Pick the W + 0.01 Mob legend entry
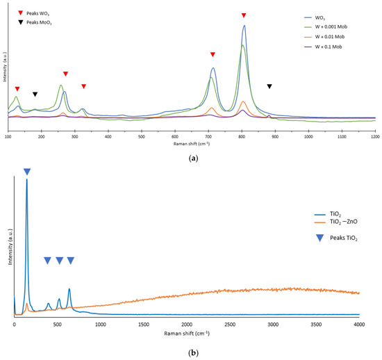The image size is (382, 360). click(x=346, y=37)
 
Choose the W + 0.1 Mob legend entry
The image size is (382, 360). click(x=344, y=46)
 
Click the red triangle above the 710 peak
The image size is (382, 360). click(x=213, y=54)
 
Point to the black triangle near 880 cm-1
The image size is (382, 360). click(x=269, y=86)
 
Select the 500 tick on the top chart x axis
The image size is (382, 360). click(x=141, y=137)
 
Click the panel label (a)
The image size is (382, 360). click(x=191, y=158)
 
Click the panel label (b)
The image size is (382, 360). click(x=191, y=353)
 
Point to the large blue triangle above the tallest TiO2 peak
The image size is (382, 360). click(x=27, y=172)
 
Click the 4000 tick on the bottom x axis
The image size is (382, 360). click(x=358, y=324)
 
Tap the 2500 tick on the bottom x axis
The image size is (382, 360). click(x=229, y=324)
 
